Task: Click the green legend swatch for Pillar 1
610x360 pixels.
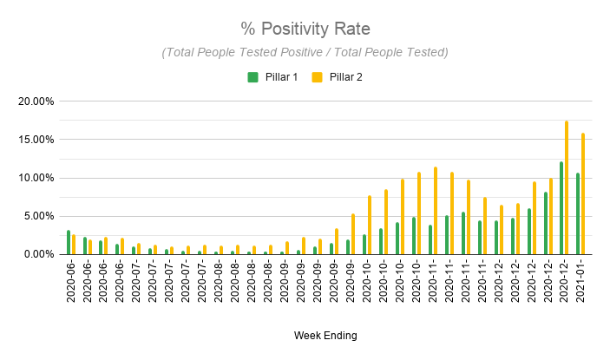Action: click(253, 77)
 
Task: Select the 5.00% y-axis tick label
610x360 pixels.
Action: click(39, 216)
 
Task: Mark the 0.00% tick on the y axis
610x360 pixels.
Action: click(39, 254)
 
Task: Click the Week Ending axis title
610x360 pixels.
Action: click(325, 335)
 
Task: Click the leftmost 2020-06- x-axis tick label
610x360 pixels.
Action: click(70, 282)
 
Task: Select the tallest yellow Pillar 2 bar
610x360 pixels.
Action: click(567, 187)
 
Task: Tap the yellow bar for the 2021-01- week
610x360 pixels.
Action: click(583, 194)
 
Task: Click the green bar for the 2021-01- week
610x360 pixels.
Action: click(578, 213)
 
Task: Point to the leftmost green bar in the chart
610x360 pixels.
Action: click(69, 242)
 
